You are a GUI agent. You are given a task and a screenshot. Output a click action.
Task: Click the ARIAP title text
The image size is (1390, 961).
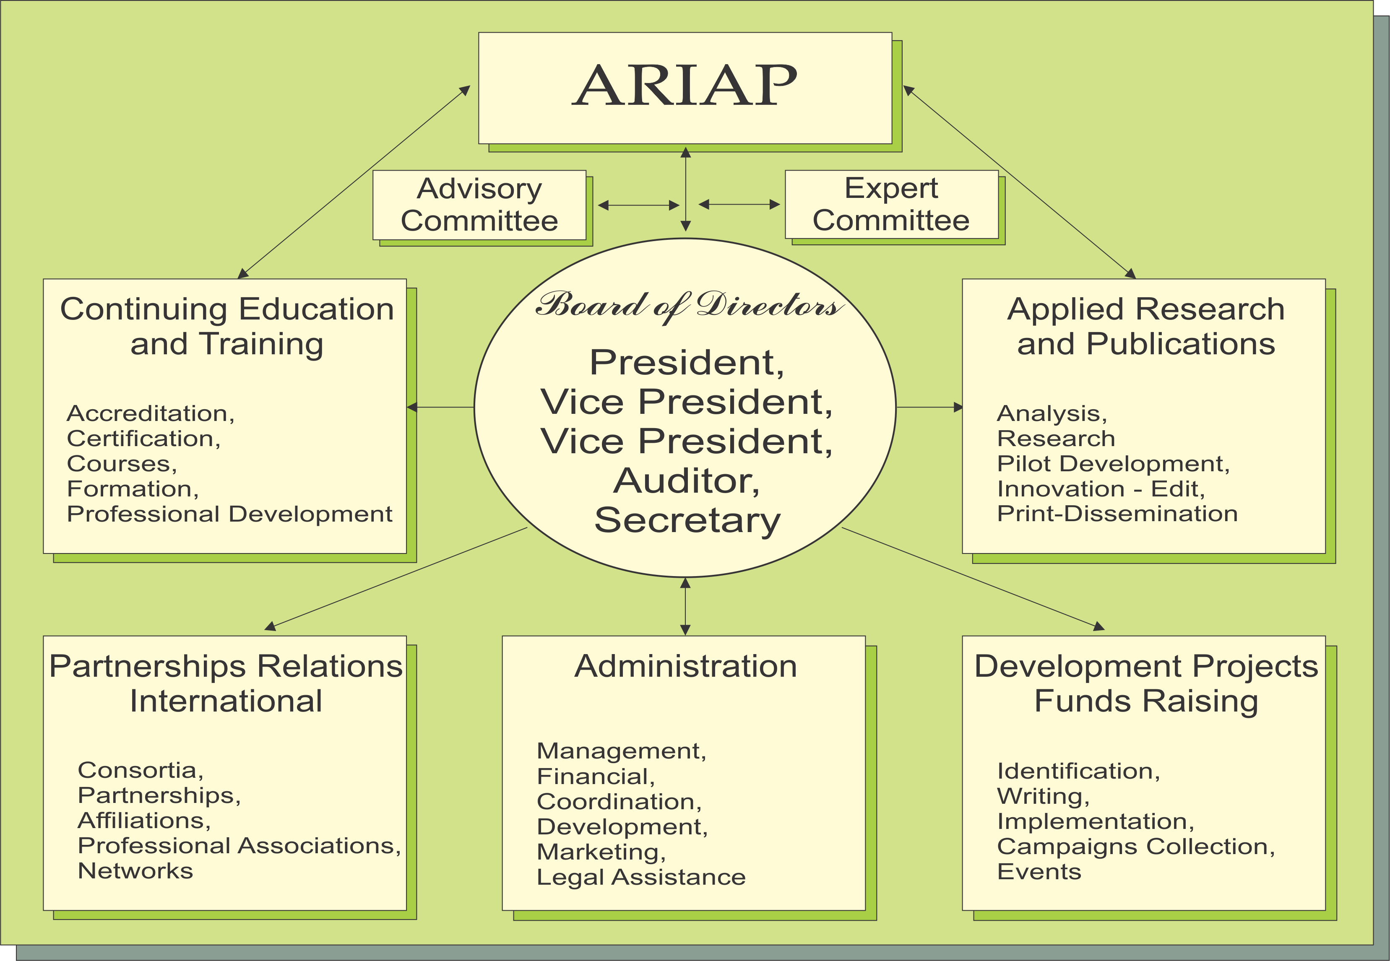tap(685, 86)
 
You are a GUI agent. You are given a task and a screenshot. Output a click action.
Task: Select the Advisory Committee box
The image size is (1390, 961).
tap(479, 205)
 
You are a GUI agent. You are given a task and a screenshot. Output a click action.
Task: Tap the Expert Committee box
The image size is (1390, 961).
tap(891, 204)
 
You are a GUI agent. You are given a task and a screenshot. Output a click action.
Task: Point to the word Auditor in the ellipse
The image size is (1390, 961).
tap(687, 481)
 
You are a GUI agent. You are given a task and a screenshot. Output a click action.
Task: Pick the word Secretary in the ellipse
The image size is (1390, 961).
tap(687, 520)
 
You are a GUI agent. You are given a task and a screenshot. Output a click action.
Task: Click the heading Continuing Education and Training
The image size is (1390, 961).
tap(227, 326)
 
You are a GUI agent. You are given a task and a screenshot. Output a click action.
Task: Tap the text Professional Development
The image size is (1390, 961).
tap(229, 514)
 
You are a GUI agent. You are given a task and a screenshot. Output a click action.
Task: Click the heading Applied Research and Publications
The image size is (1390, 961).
tap(1145, 326)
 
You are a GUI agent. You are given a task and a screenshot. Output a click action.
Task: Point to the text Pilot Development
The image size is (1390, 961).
tap(1113, 464)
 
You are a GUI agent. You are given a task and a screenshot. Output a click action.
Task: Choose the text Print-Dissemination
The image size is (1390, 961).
tap(1117, 514)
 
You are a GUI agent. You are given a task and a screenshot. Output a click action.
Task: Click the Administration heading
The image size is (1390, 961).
tap(685, 666)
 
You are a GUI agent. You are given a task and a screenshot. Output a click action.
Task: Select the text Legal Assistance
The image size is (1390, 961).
tap(641, 877)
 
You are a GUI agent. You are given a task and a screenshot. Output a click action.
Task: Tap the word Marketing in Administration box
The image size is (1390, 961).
tap(601, 852)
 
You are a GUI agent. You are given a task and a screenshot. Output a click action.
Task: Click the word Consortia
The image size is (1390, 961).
tap(141, 770)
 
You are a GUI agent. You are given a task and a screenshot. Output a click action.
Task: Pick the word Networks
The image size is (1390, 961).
tap(135, 871)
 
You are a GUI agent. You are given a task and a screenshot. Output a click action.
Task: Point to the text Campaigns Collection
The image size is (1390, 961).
tap(1136, 847)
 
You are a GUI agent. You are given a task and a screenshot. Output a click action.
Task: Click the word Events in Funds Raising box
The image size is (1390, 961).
tap(1039, 871)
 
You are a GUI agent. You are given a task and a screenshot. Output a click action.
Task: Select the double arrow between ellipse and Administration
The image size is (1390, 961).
tap(685, 606)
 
